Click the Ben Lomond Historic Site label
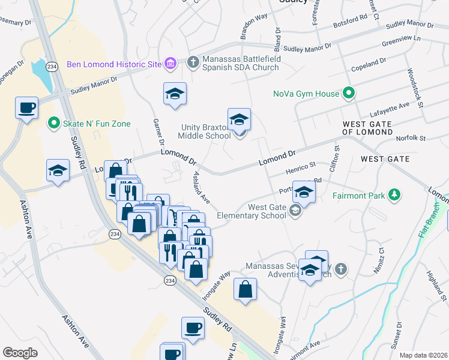(114, 64)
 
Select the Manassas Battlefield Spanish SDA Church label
(240, 64)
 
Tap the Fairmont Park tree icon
(394, 195)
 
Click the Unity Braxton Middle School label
(206, 131)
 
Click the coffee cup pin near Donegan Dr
(27, 107)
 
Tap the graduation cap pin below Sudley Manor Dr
(175, 94)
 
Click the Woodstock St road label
(415, 86)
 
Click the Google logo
(20, 352)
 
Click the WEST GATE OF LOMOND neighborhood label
(376, 128)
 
